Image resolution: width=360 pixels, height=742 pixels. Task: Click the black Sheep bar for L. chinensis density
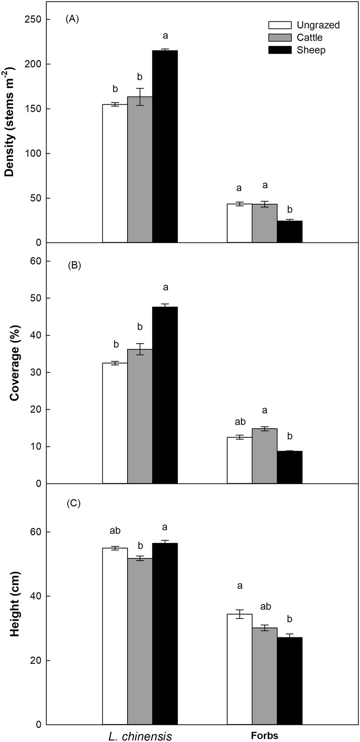(x=165, y=146)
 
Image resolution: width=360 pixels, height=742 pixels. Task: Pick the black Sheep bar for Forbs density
(x=290, y=232)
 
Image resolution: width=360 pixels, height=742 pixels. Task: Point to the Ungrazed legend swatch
(x=280, y=25)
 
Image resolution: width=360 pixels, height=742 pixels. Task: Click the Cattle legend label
(x=310, y=38)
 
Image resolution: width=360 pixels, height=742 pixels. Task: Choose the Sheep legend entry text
(x=311, y=50)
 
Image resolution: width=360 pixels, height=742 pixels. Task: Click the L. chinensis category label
(x=140, y=736)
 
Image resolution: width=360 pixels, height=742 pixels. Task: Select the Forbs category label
(x=265, y=736)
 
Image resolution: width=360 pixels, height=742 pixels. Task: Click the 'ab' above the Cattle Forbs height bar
(x=266, y=606)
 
